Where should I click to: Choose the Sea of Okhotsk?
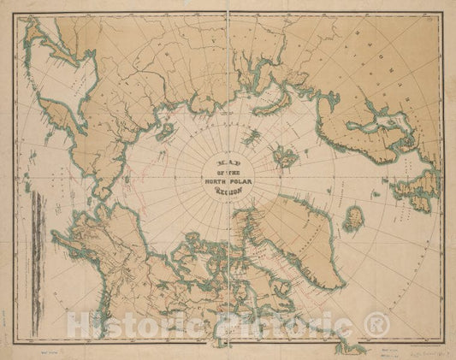(64, 81)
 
